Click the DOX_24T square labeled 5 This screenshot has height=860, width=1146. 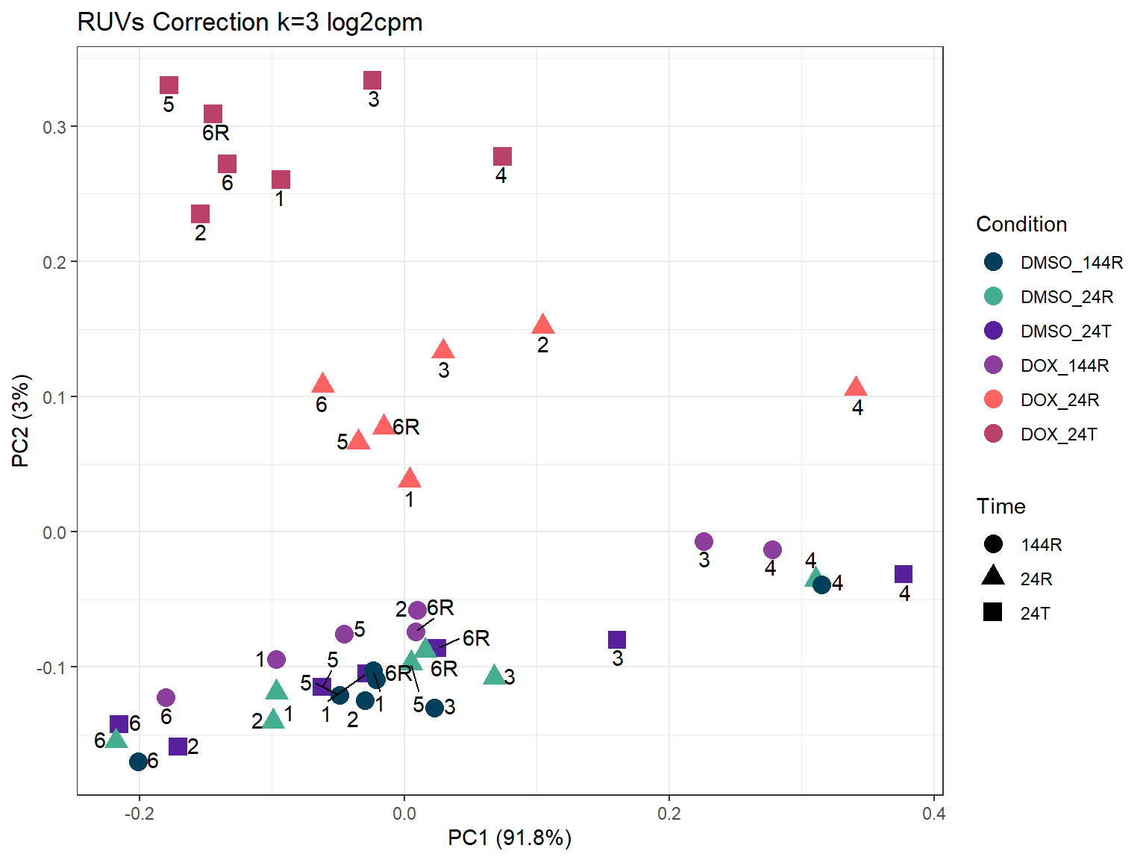(169, 86)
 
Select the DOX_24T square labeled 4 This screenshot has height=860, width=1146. (503, 157)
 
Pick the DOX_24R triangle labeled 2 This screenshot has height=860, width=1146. (543, 325)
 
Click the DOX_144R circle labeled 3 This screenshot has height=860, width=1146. (704, 542)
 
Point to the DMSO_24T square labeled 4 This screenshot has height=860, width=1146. (904, 574)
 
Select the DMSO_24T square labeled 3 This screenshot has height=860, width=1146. (617, 640)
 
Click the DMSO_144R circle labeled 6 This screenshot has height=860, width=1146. (138, 761)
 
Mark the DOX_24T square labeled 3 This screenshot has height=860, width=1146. (372, 81)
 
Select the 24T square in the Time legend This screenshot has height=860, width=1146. (993, 613)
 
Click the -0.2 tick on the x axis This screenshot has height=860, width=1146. (139, 814)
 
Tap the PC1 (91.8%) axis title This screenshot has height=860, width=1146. (510, 838)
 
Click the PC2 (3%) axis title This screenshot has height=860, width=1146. (21, 421)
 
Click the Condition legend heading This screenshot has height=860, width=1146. (1021, 225)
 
